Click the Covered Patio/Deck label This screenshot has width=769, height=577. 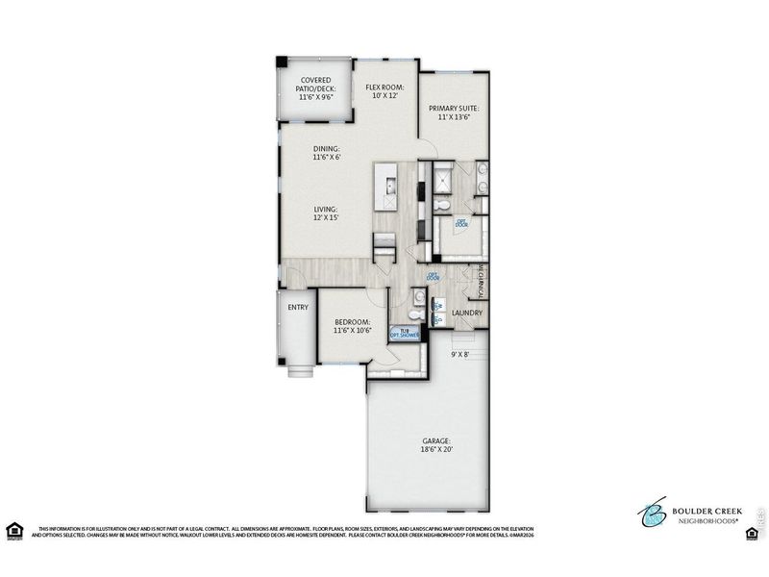point(316,88)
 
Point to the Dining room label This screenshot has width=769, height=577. point(327,153)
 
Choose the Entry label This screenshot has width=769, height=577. point(298,308)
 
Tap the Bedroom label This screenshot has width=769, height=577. point(353,326)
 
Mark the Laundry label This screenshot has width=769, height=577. point(467,313)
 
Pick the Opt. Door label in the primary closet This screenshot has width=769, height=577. point(461,224)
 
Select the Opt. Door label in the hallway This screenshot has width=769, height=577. point(433,276)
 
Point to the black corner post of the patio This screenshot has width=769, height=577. point(280,62)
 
